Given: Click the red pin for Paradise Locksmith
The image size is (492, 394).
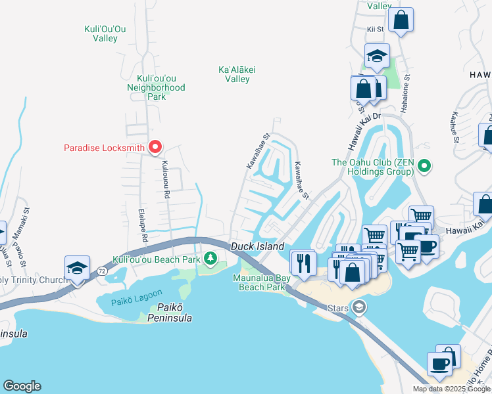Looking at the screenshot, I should click(155, 147).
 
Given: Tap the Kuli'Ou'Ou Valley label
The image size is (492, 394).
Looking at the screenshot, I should click(105, 33).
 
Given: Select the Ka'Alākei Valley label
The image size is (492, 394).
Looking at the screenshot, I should click(237, 74).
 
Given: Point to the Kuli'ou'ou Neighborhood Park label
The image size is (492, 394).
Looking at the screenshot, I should click(157, 87).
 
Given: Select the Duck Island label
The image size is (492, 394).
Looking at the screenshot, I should click(257, 246).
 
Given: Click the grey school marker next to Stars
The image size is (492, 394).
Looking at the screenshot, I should click(358, 307).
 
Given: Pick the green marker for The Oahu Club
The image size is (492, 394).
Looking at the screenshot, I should click(424, 167).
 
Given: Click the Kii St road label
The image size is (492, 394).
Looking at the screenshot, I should click(376, 29).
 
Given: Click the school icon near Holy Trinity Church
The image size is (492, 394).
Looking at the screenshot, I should click(77, 268).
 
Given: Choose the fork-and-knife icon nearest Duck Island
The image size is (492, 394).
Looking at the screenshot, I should click(303, 263).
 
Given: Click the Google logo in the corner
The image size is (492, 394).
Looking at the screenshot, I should click(22, 387).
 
